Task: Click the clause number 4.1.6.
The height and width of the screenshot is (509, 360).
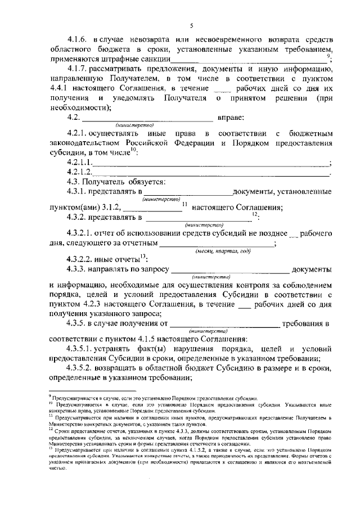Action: [x=79, y=39]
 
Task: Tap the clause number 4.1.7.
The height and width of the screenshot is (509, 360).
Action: [x=79, y=69]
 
